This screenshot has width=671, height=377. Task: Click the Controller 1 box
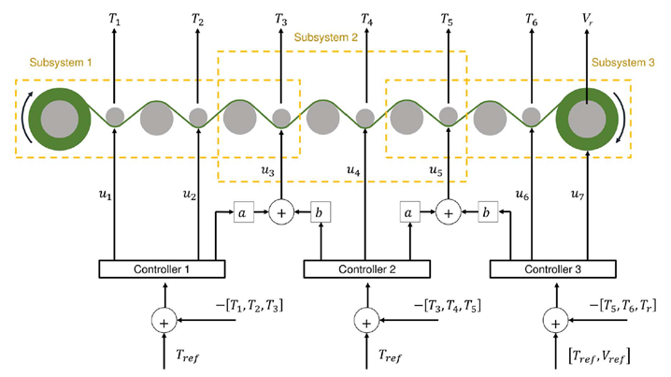163,269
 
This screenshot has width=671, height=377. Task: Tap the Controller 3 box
553,269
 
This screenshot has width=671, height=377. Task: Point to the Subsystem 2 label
326,37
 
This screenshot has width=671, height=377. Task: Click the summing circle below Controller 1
164,321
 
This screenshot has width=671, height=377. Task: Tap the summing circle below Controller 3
557,321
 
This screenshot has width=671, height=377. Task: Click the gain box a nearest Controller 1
241,212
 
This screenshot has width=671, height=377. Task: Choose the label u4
352,171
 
